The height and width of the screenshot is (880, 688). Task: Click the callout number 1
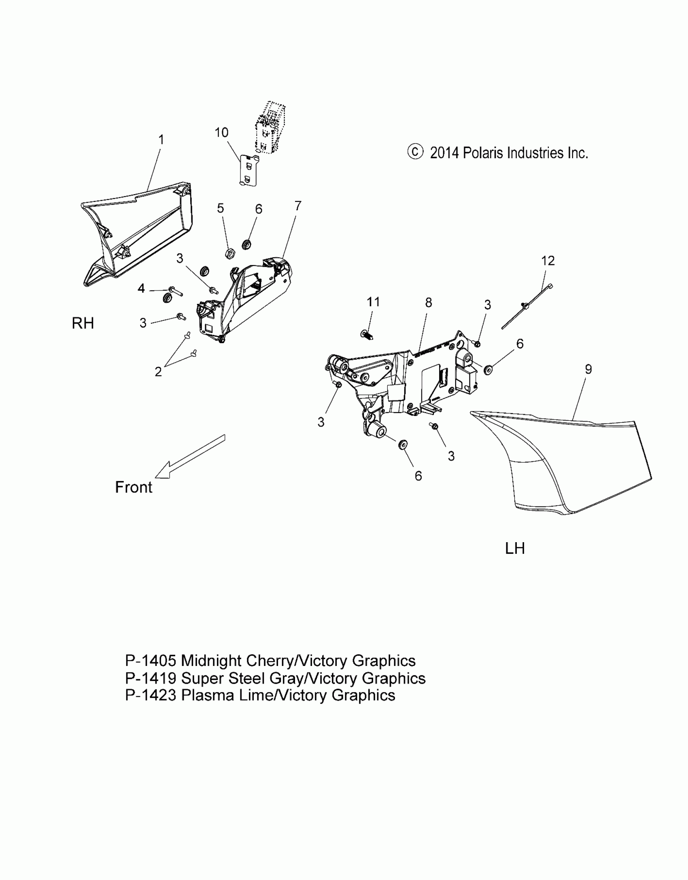click(x=161, y=140)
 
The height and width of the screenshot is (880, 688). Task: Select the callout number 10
click(x=221, y=133)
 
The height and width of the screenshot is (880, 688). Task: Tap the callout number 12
click(x=548, y=261)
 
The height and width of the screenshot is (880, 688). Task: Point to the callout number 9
click(x=588, y=369)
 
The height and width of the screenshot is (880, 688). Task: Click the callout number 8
click(x=429, y=302)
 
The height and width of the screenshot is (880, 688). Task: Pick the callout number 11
click(x=373, y=302)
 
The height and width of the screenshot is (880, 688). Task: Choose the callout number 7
click(x=298, y=206)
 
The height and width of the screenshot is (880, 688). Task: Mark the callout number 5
click(x=221, y=208)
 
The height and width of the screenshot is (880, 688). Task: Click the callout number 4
click(x=141, y=288)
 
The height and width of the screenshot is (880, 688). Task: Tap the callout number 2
click(x=158, y=371)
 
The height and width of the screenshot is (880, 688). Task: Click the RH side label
click(x=83, y=323)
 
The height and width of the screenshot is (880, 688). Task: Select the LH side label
click(x=515, y=549)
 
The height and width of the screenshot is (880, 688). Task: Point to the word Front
click(x=134, y=487)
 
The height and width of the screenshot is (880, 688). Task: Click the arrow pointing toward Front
click(x=189, y=457)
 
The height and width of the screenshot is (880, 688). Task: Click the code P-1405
click(x=151, y=661)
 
